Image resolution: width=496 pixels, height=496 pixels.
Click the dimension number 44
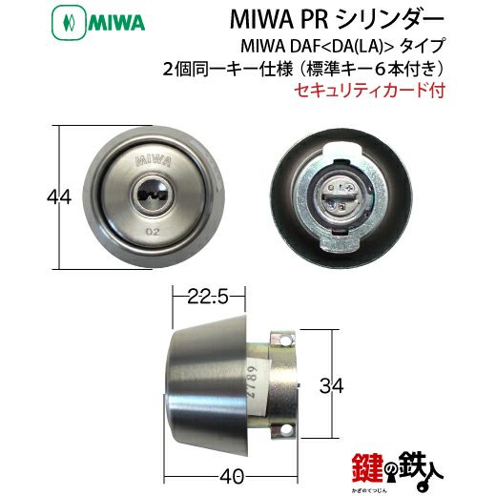(31, 197)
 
